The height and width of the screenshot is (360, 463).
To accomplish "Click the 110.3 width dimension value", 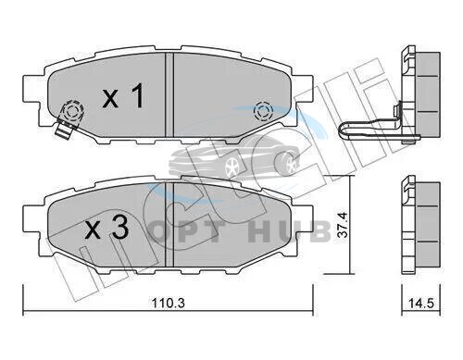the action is click(169, 304).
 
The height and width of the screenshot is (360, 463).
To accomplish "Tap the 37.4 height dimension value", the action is click(342, 224).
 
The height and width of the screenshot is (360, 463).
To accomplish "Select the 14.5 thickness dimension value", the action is click(421, 304).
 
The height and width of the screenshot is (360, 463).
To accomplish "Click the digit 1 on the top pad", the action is click(137, 95).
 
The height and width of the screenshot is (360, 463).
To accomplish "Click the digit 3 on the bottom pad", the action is click(119, 229).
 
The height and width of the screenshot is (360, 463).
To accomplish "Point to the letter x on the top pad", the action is click(110, 99).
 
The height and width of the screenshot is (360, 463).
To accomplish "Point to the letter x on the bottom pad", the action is click(93, 231).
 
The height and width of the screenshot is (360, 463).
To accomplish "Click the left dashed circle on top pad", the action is click(72, 110).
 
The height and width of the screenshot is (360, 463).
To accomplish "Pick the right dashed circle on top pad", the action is click(263, 111).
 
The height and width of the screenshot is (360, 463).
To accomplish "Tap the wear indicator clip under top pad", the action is click(64, 130).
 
